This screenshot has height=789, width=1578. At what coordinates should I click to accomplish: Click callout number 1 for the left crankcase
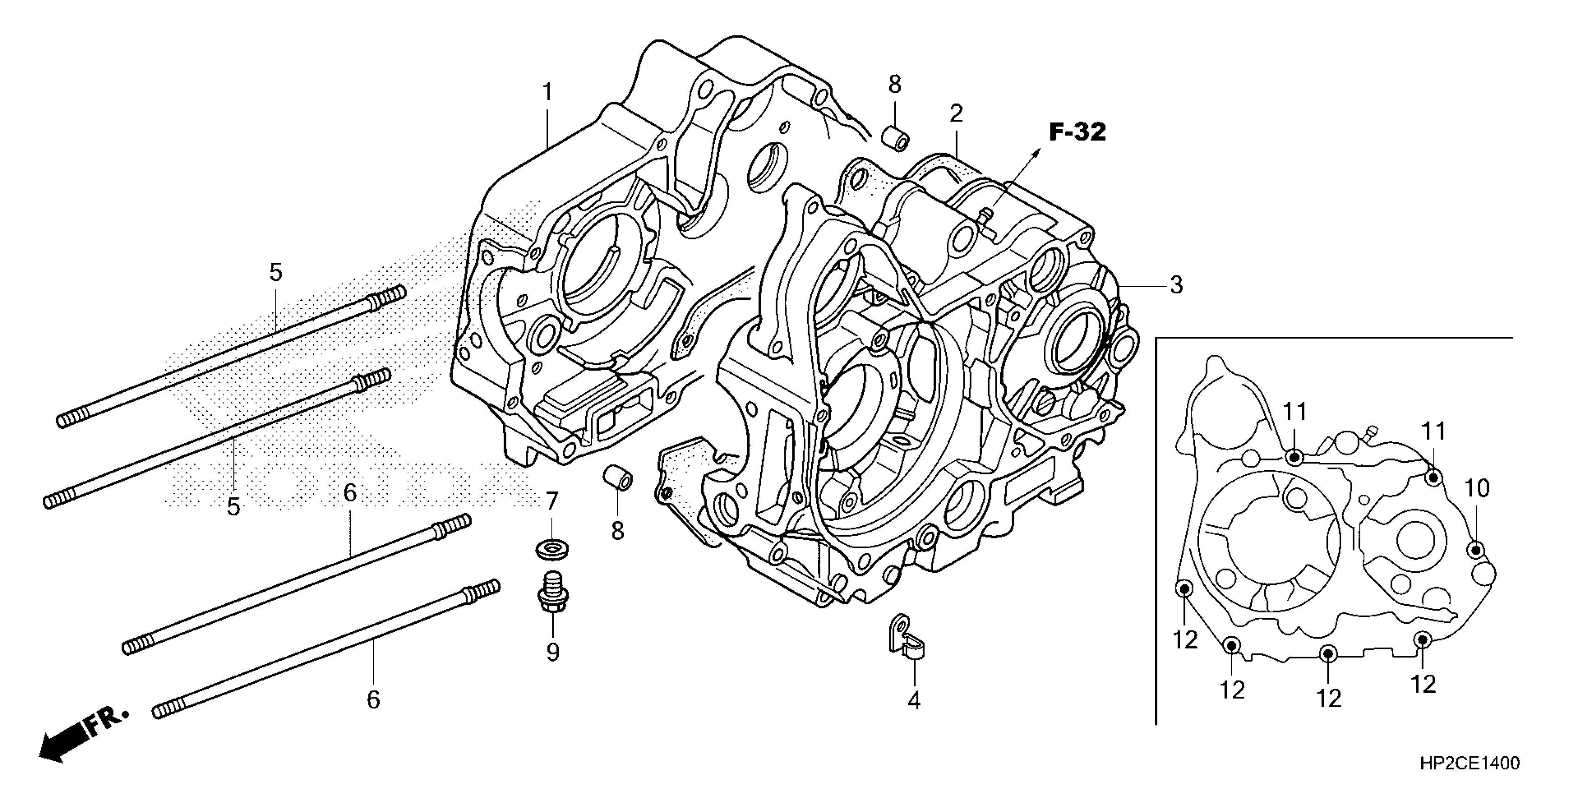click(x=547, y=92)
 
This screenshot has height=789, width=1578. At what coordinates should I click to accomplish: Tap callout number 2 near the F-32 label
click(x=956, y=113)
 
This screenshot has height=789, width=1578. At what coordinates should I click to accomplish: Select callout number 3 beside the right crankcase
click(x=1176, y=285)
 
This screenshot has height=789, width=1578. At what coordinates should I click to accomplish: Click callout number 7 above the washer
click(x=552, y=502)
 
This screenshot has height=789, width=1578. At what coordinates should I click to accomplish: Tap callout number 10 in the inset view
click(x=1477, y=488)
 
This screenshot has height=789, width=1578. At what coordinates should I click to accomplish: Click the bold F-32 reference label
click(x=1078, y=132)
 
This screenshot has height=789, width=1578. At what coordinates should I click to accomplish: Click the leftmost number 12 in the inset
click(x=1185, y=640)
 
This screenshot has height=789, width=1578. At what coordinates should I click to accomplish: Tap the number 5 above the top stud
click(x=276, y=272)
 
